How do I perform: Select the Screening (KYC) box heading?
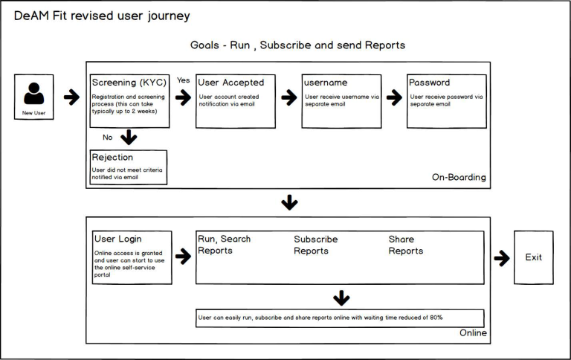(x=128, y=83)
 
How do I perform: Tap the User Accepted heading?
(x=230, y=83)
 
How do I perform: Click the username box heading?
(x=326, y=83)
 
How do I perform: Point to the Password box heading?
(x=429, y=83)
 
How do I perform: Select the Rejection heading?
(x=112, y=157)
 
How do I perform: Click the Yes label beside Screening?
(x=182, y=80)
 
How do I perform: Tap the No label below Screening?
(x=108, y=137)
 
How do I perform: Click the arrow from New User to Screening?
(x=71, y=97)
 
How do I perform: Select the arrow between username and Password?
(x=394, y=97)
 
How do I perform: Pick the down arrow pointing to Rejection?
(x=129, y=137)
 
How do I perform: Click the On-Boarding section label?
(x=459, y=178)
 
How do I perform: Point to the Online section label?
(x=472, y=332)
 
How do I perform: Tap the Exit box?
(x=533, y=257)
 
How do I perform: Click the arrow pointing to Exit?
(x=502, y=258)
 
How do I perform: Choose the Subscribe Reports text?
(x=315, y=245)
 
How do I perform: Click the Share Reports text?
(x=405, y=245)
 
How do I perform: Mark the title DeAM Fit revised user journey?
(x=102, y=16)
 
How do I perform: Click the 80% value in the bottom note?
(x=435, y=318)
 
